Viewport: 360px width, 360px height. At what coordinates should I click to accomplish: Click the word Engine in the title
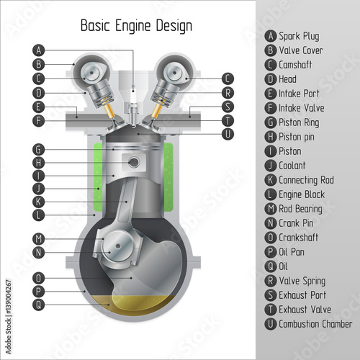click(x=133, y=26)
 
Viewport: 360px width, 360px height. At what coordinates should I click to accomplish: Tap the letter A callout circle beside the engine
click(x=38, y=50)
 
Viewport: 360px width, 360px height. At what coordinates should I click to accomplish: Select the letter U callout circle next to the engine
click(x=228, y=134)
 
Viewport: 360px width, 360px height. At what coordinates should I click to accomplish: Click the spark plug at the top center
click(x=132, y=106)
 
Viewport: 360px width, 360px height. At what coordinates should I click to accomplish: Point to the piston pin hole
click(x=134, y=162)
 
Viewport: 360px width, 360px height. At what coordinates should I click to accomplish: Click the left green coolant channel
click(x=98, y=177)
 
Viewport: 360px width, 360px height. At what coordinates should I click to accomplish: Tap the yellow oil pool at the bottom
click(x=135, y=305)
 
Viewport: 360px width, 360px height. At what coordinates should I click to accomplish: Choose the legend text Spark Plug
click(x=299, y=37)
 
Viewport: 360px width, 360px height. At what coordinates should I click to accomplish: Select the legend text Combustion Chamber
click(x=315, y=324)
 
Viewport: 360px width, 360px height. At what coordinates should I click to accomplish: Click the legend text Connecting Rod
click(x=306, y=180)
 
